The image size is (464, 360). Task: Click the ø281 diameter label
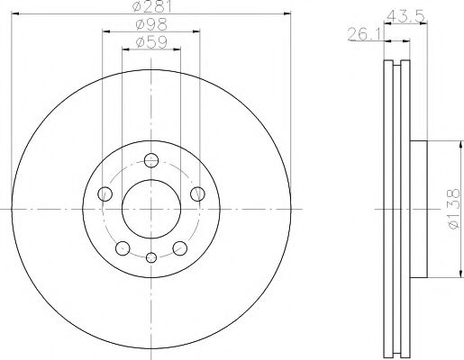(150, 8)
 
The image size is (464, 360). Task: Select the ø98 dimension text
(150, 25)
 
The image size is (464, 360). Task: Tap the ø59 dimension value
(150, 42)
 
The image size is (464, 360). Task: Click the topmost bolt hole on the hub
(150, 162)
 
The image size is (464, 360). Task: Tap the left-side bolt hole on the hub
(105, 194)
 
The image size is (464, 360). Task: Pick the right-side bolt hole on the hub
(197, 194)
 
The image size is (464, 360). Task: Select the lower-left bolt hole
(122, 248)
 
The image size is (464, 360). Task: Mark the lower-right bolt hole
(179, 248)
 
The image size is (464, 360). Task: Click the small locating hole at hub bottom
(150, 259)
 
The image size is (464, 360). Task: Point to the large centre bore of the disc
(150, 210)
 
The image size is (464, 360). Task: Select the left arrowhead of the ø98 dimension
(105, 31)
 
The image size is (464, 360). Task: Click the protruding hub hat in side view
(419, 210)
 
